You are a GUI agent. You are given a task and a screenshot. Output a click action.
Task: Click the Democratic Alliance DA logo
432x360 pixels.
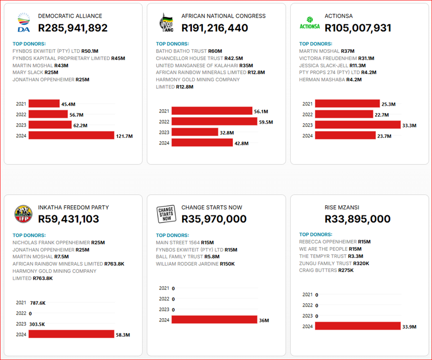tap(23, 23)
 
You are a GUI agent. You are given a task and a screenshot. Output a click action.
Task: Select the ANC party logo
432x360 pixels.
tap(166, 23)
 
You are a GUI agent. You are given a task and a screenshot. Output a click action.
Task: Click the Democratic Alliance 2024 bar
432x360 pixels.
tap(71, 135)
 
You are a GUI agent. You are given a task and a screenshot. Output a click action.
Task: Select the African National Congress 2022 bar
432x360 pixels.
tap(214, 122)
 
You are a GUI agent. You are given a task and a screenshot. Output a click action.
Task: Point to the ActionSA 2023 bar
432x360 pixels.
tap(358, 125)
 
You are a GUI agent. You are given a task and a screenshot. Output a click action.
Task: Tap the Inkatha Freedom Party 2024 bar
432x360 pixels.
tap(71, 334)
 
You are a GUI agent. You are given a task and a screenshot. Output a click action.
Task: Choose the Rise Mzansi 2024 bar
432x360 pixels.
tap(358, 326)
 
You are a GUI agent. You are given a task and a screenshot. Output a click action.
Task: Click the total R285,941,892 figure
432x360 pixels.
tap(73, 28)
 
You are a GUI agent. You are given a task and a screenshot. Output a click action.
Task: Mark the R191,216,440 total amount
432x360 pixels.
tap(215, 28)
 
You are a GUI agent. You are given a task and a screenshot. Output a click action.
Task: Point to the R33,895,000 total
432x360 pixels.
tap(358, 219)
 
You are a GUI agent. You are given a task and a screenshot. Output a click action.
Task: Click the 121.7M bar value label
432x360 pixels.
tap(124, 136)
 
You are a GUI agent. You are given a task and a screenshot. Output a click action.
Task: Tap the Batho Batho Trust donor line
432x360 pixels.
tap(189, 51)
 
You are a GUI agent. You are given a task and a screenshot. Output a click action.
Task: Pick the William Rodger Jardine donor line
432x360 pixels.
tap(195, 264)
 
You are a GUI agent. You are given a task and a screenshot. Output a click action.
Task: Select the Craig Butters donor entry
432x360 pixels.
tap(326, 270)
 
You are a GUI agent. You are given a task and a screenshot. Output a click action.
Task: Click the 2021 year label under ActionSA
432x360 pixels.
tap(308, 104)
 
